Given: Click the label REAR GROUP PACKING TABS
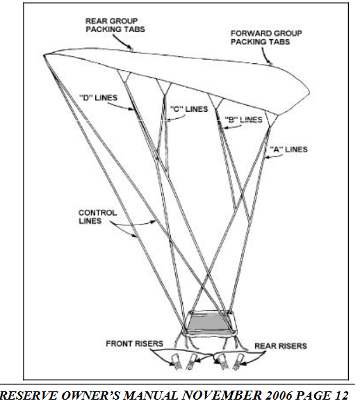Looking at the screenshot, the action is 115,25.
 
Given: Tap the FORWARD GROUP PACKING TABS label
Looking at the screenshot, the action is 266,38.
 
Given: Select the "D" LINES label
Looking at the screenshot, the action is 98,98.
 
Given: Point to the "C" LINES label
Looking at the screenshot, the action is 189,108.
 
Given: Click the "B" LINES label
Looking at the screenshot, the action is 243,120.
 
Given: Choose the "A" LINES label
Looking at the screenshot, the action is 288,149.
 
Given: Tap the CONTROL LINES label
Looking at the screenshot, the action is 97,217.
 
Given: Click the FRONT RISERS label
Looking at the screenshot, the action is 135,344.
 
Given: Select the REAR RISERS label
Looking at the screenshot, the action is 281,346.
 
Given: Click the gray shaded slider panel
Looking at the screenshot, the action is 208,323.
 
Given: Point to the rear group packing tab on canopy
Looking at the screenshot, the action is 131,49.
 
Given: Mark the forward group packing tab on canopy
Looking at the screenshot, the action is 270,63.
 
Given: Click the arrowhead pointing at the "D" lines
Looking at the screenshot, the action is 132,108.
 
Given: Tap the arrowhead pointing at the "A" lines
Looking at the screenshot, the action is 267,157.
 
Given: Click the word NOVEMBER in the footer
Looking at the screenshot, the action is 222,395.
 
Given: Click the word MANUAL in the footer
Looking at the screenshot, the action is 150,395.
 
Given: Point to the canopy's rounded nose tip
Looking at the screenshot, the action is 309,92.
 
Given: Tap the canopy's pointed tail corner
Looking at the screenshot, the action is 44,55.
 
